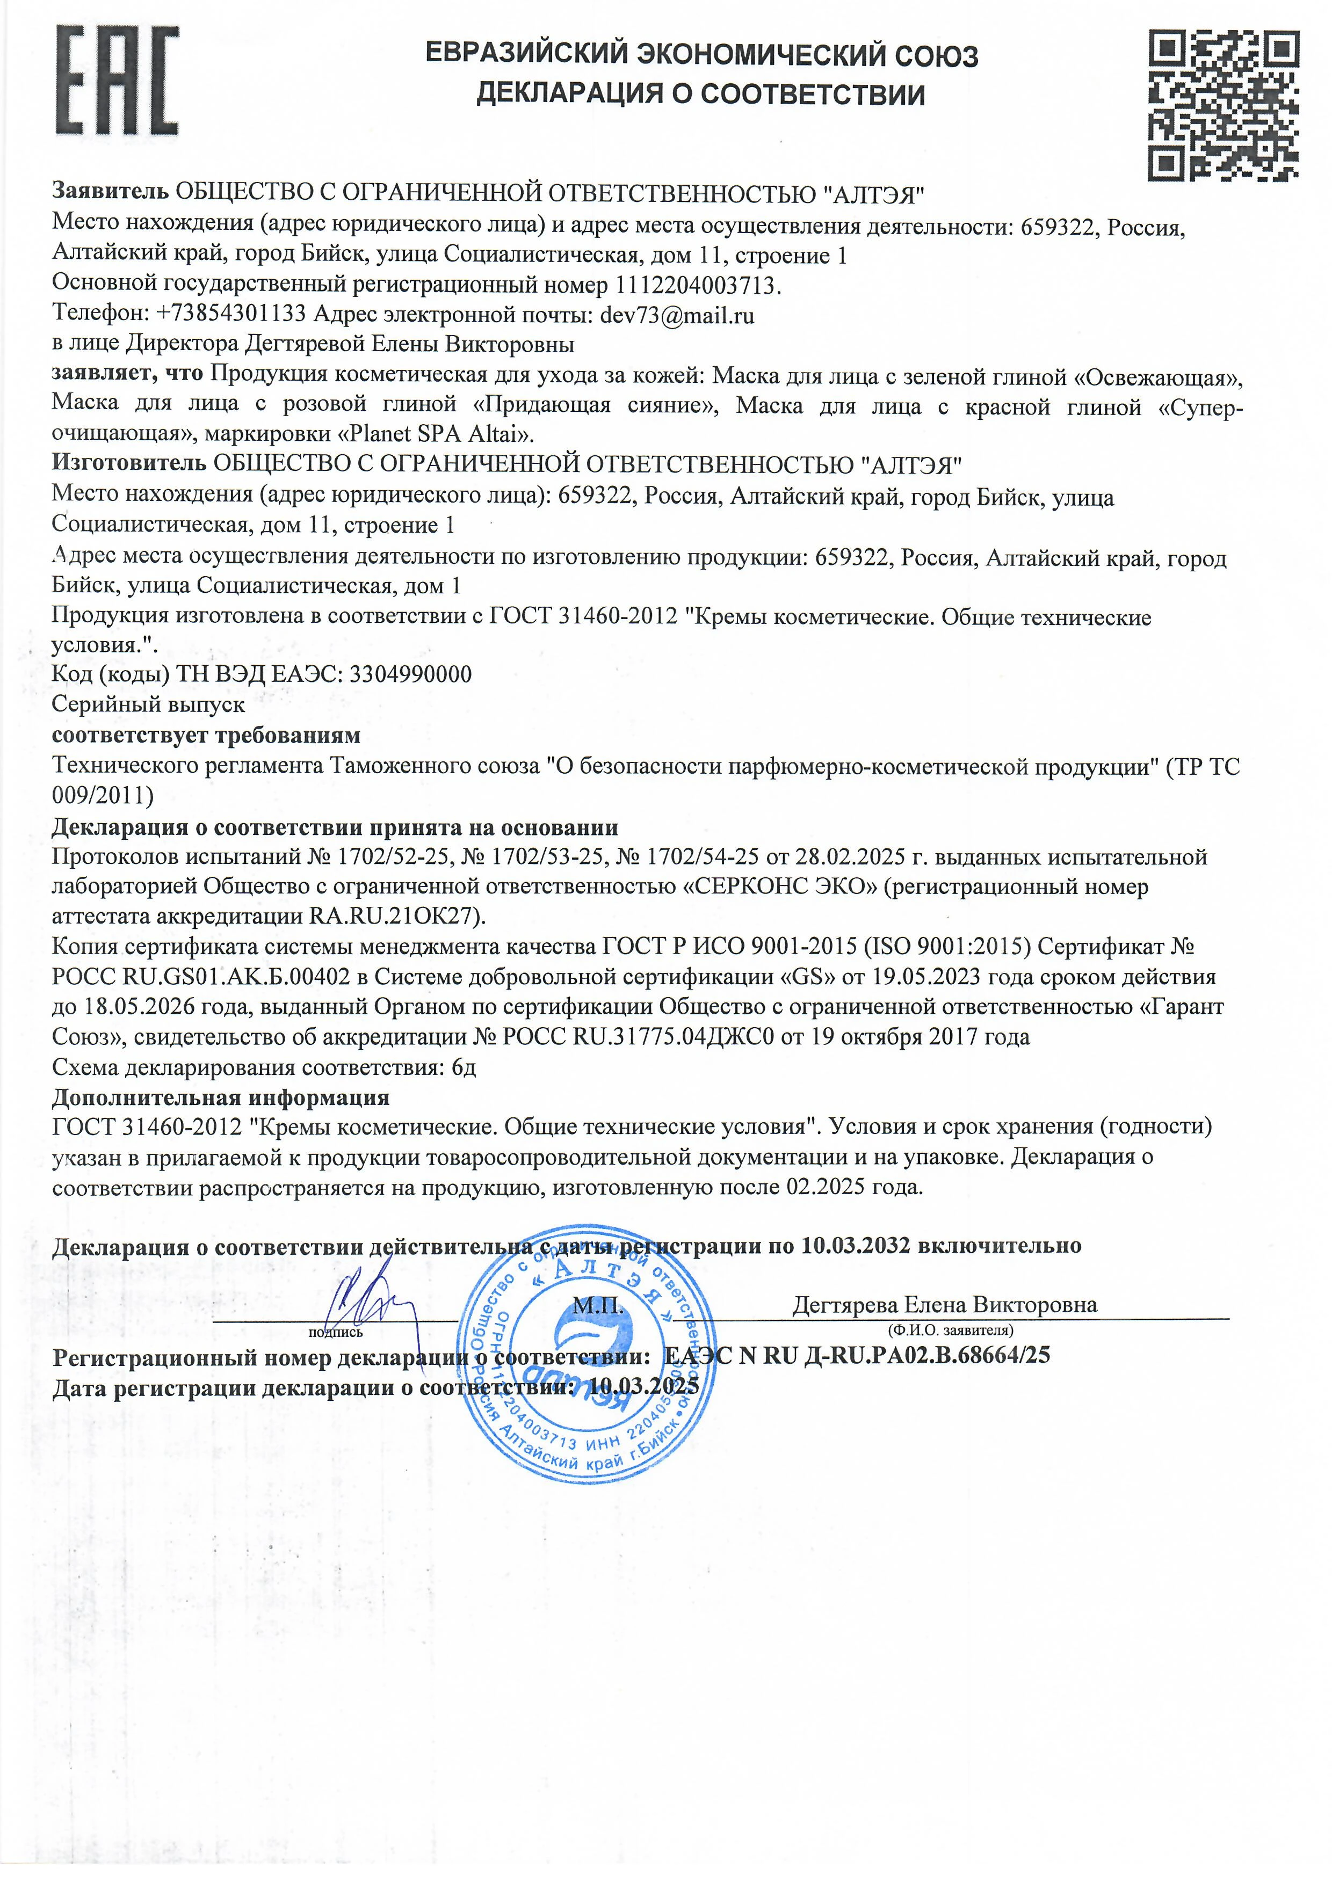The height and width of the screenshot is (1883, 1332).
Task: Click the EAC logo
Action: pos(117,81)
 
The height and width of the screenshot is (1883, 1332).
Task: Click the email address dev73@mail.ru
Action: pos(677,315)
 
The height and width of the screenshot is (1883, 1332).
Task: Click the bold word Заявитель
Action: pos(111,193)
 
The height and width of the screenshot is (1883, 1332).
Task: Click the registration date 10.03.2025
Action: pos(644,1387)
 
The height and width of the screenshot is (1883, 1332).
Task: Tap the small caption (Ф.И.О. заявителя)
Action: pos(951,1329)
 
